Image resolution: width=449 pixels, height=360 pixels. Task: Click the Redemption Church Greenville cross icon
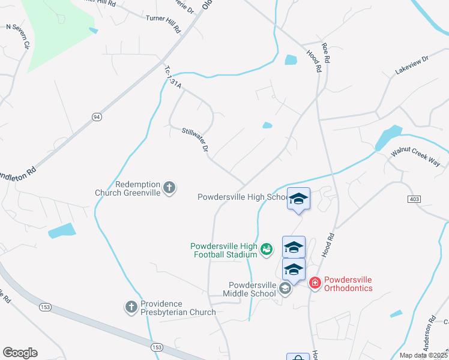pos(169,188)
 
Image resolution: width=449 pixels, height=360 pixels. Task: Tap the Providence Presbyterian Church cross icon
pos(131,307)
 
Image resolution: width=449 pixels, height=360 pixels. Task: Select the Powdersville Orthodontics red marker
pos(314,283)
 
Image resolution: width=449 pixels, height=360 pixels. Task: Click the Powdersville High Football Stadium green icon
pos(267,248)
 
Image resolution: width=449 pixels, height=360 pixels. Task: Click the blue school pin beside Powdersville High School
pos(298,199)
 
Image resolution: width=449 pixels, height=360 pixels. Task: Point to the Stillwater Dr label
pos(197,139)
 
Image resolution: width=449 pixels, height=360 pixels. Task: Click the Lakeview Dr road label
pos(411,65)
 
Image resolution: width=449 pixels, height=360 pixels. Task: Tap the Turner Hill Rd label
pos(163,23)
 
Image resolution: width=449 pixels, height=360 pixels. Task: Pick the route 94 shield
pos(96,116)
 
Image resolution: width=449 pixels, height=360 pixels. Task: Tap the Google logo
pos(20,353)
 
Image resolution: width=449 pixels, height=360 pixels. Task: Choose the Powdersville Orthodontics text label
pos(348,284)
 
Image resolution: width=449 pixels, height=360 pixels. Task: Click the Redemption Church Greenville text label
pos(128,188)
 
